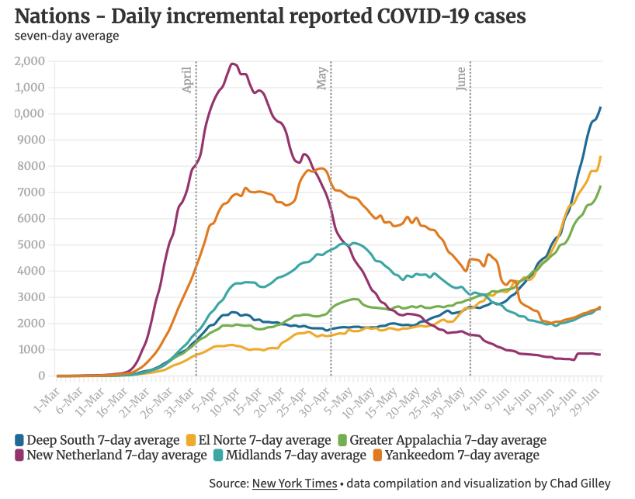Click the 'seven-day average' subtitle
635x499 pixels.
coord(66,36)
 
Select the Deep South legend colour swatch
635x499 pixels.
coord(19,440)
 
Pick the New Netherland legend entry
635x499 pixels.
coord(116,455)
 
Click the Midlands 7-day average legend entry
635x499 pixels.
coord(306,455)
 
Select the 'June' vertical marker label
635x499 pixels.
coord(461,79)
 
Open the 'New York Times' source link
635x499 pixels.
coord(294,483)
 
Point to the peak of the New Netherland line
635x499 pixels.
coord(232,64)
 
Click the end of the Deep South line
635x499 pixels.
coord(600,108)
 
